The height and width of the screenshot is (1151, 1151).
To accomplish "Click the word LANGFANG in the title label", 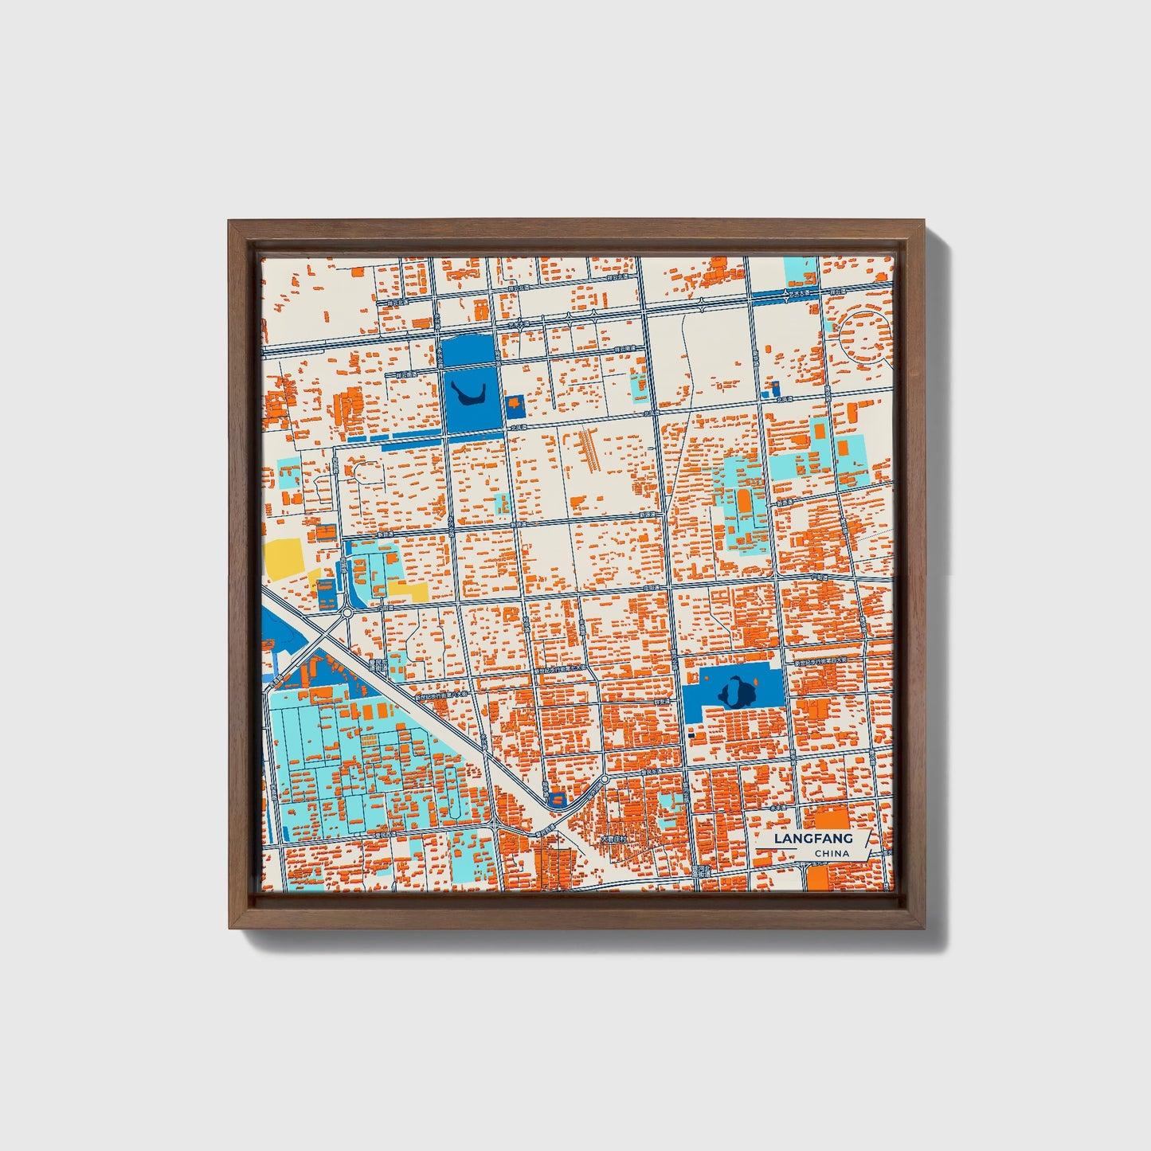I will click(x=813, y=839).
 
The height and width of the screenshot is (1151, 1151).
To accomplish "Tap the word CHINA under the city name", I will click(x=832, y=854).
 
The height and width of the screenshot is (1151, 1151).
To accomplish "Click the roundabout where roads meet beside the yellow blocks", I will click(x=347, y=613).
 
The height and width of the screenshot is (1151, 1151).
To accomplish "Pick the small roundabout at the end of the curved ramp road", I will click(x=604, y=778).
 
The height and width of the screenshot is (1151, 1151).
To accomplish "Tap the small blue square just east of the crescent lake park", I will click(x=515, y=405).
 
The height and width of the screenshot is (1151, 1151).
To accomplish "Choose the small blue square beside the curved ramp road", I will click(x=557, y=797).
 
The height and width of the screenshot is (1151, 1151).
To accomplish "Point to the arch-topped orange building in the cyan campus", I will click(x=744, y=502).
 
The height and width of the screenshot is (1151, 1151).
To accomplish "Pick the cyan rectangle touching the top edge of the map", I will click(x=801, y=271).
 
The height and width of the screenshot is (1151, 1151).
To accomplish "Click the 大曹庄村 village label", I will click(x=614, y=839).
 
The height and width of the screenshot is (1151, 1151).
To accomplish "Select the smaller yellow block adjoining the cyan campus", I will click(x=408, y=590).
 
